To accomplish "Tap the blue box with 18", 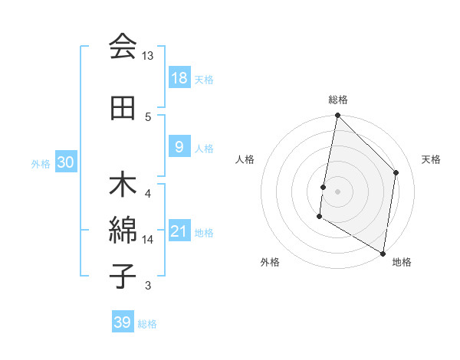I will (x=179, y=78).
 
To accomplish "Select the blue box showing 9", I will (x=179, y=147).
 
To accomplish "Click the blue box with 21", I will (x=179, y=232).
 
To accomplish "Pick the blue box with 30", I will (x=65, y=162).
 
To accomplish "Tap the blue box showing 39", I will (x=123, y=322).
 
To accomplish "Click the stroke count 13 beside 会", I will (x=148, y=56).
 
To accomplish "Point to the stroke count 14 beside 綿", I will (x=148, y=240).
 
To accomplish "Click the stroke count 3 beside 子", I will (x=148, y=286).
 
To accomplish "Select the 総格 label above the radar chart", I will (x=338, y=100).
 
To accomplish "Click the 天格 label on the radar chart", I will (x=432, y=159).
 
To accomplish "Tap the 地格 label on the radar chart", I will (x=402, y=262).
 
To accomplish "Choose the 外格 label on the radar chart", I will (x=270, y=262).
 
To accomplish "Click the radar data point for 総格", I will (x=337, y=116).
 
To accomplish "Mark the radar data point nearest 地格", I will (x=383, y=253).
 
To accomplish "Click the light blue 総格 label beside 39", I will (x=147, y=324).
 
